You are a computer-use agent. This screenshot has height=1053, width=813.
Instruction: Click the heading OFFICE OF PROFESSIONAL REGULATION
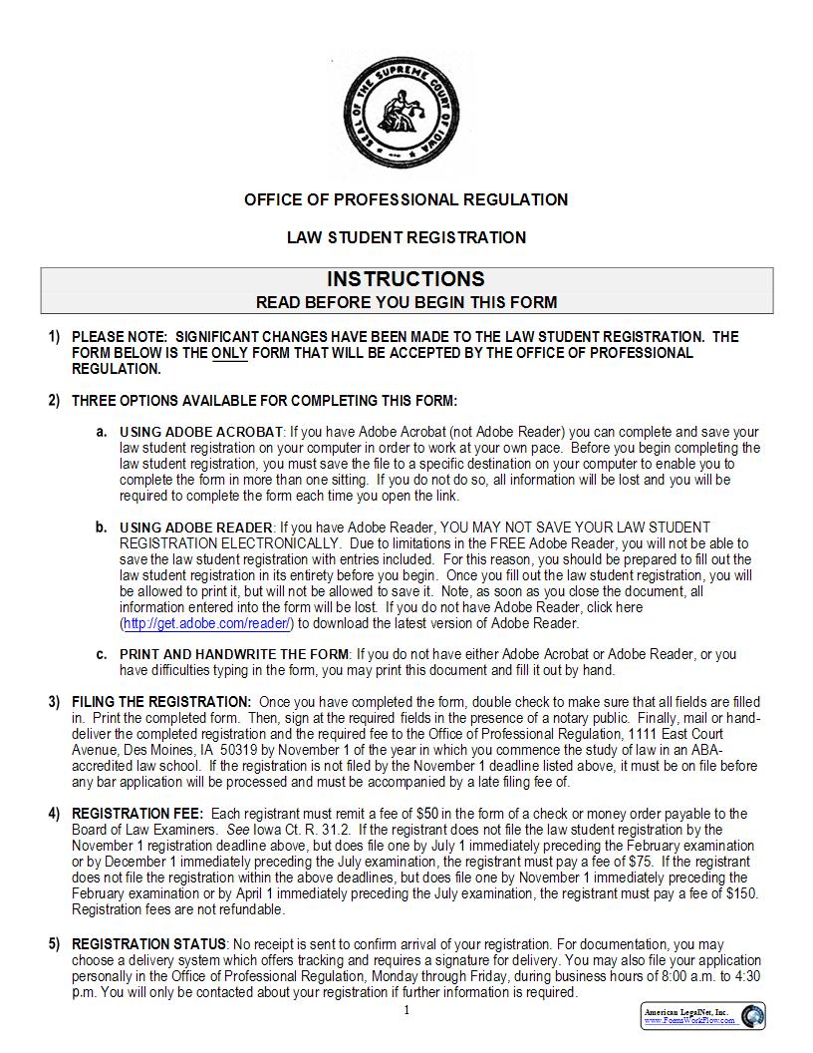click(x=406, y=199)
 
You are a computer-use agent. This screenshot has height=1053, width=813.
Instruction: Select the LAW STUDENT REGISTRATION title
click(x=406, y=237)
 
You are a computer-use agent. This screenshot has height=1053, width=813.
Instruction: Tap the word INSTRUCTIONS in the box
click(x=406, y=279)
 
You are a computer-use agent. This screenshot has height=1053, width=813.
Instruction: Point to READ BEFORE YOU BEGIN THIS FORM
click(x=406, y=302)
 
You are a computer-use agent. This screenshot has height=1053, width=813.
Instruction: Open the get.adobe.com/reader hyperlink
click(x=207, y=623)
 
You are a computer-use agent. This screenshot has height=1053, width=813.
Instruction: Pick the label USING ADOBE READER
click(x=196, y=526)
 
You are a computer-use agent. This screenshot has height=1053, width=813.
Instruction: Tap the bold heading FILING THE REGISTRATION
click(x=161, y=702)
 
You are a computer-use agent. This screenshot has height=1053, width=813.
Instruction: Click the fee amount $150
click(x=740, y=894)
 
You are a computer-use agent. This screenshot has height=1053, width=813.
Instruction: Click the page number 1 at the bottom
click(x=406, y=1011)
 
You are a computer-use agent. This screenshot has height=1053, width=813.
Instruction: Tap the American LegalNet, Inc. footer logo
click(x=702, y=1016)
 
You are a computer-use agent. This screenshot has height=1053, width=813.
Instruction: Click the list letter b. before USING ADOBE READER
click(x=101, y=526)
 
